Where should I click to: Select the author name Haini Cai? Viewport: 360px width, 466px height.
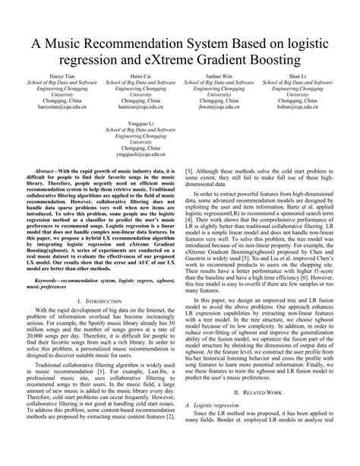[138, 77]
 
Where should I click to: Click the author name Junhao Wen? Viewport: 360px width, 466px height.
[221, 77]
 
